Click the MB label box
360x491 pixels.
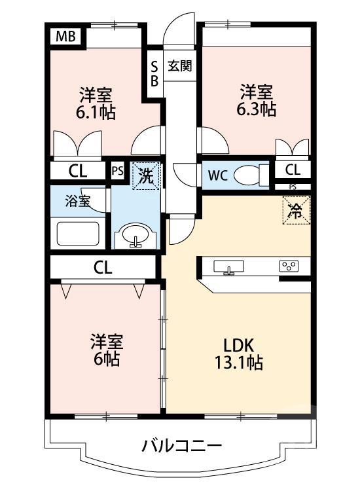pos(65,36)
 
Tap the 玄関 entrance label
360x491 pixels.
pos(179,65)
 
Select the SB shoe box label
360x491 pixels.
pos(154,73)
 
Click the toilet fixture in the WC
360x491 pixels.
pos(249,175)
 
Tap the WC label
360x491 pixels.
pos(218,175)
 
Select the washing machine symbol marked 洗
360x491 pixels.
pos(145,176)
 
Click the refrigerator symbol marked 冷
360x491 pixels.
pos(296,210)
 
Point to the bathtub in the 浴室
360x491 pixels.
pos(77,234)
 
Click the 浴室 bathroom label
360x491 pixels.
pos(77,200)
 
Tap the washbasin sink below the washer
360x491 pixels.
pos(136,236)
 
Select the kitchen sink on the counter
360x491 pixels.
pos(228,266)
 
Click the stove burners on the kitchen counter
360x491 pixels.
pos(289,266)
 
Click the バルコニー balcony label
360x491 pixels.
pos(182,447)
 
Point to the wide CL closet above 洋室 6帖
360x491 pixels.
pos(103,267)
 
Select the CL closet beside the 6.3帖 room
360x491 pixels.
pos(293,170)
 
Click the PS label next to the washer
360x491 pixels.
pos(117,171)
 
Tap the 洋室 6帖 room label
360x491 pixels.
pos(105,350)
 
